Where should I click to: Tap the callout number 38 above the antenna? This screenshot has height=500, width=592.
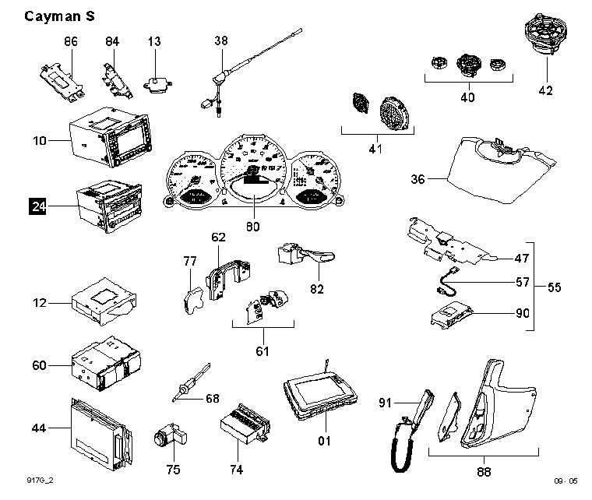(220, 40)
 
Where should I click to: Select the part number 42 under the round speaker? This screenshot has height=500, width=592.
(545, 90)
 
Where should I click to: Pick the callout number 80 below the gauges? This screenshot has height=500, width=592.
(252, 227)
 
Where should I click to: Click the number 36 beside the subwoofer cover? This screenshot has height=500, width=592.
(418, 179)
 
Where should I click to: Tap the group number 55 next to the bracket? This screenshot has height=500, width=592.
(554, 287)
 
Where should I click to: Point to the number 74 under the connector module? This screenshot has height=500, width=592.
(237, 470)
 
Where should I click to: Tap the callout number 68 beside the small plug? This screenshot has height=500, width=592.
(213, 399)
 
